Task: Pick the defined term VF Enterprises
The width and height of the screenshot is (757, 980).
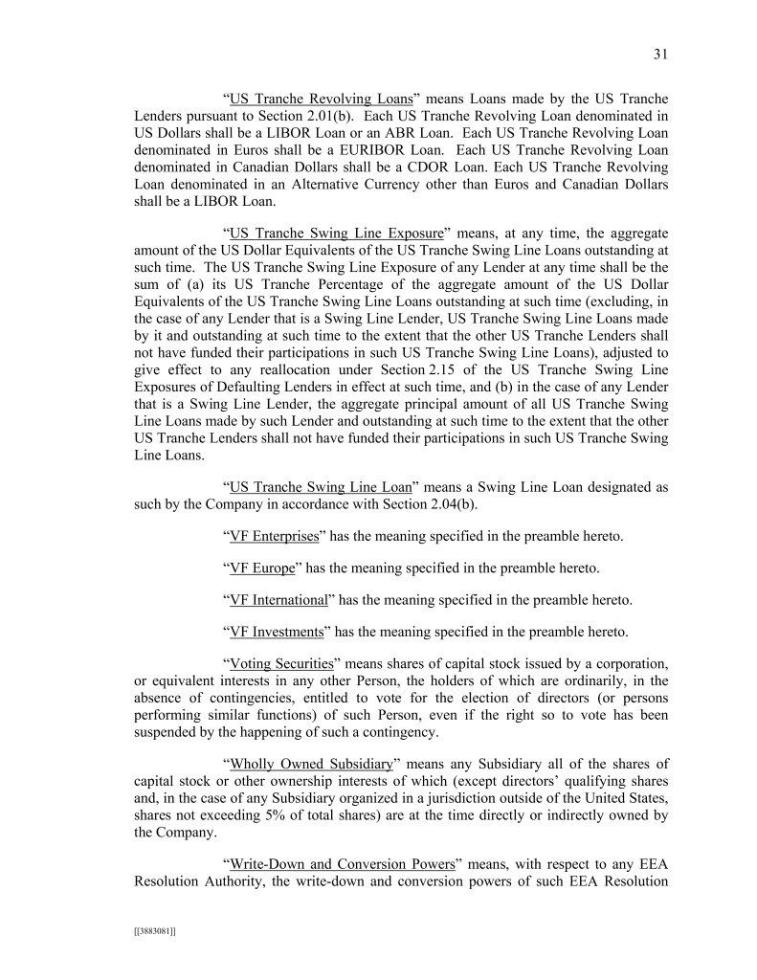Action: click(275, 536)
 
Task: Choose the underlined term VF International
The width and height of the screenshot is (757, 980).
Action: click(278, 600)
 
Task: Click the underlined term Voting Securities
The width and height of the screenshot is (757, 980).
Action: click(281, 663)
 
